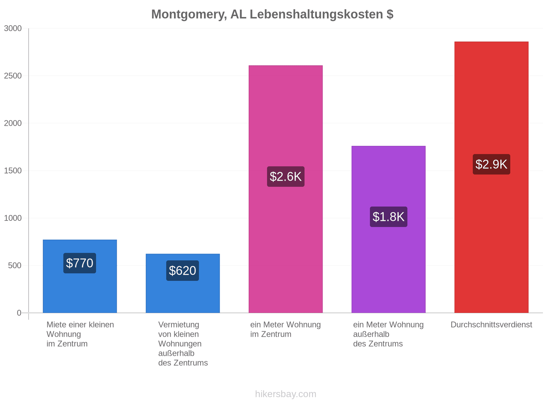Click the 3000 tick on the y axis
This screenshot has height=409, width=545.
tap(13, 28)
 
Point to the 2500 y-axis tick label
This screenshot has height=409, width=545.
tap(13, 75)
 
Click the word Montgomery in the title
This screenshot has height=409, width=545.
tap(188, 14)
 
